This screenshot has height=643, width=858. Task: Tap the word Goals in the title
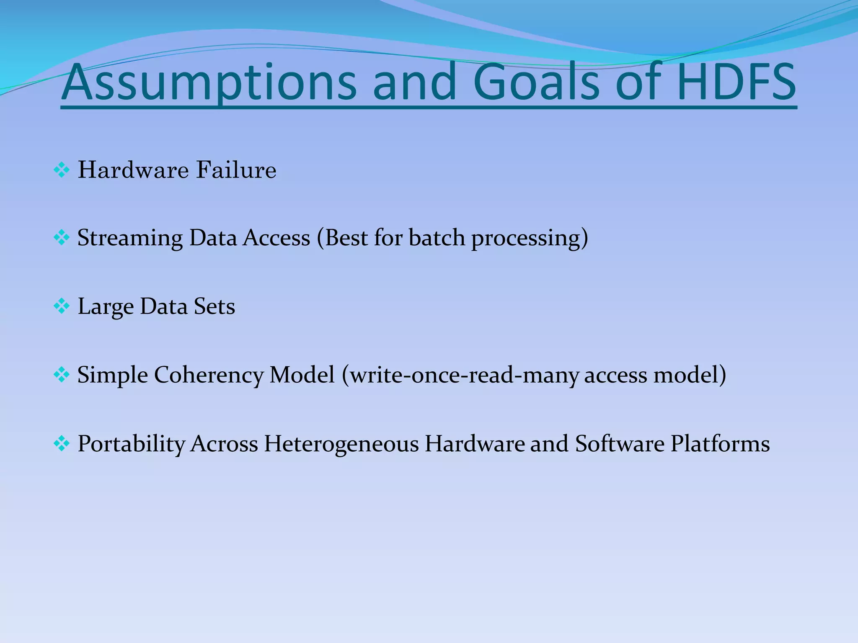coord(543,83)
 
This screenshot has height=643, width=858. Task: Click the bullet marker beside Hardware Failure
coord(62,170)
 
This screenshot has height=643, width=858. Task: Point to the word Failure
coord(236,170)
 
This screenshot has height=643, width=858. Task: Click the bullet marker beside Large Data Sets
coord(62,307)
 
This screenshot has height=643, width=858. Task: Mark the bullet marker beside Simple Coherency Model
coord(62,375)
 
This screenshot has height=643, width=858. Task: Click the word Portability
coord(131,444)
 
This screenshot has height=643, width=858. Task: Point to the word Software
coord(619,444)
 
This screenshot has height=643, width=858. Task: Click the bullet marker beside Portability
coord(62,444)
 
